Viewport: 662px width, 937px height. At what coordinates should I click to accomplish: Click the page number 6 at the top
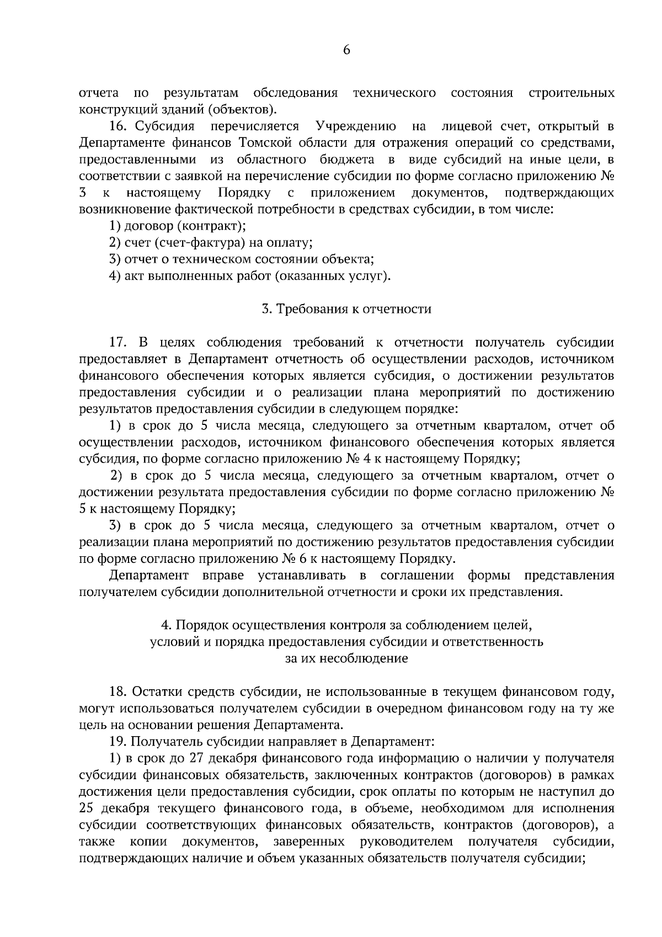[346, 50]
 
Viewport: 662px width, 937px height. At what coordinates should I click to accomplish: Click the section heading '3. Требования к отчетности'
[346, 309]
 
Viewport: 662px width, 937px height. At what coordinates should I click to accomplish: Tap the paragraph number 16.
[119, 126]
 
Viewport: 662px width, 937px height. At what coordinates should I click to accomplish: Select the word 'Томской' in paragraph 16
[264, 143]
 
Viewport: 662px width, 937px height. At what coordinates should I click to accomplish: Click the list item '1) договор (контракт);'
[177, 226]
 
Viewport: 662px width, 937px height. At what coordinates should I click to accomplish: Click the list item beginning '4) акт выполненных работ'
[249, 276]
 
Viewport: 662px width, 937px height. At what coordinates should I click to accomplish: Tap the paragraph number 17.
[119, 343]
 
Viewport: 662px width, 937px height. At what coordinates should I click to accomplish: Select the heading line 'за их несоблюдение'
[346, 658]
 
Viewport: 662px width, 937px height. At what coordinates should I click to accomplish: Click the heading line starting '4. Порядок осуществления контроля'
[346, 625]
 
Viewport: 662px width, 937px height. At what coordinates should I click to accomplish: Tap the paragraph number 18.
[119, 691]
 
